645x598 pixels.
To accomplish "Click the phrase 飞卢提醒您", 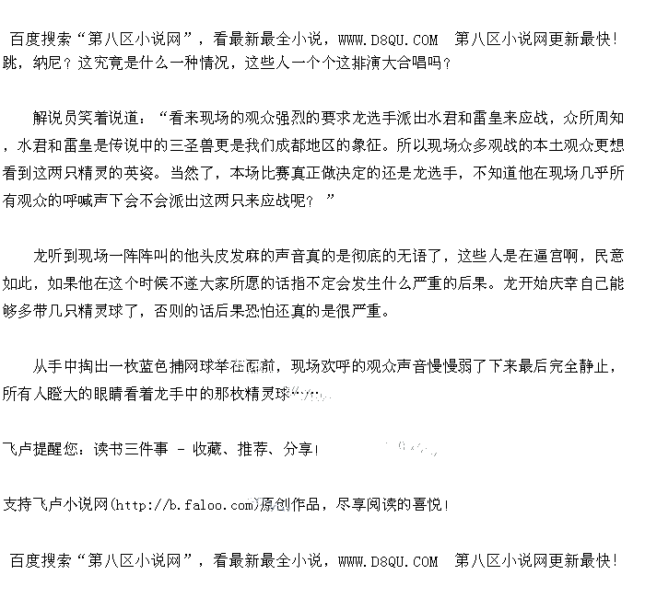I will click(42, 449).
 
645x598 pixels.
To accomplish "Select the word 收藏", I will click(207, 449).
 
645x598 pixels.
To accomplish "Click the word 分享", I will click(299, 449).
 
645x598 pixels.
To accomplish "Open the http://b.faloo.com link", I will click(184, 504).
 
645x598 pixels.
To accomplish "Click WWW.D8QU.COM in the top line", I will click(388, 40).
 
